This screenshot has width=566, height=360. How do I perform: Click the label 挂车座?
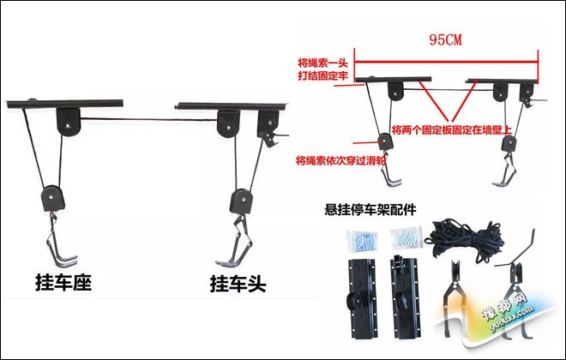pos(63,283)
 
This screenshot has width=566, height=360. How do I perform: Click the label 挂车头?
pos(238,284)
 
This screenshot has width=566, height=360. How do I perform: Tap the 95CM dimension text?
pos(445,39)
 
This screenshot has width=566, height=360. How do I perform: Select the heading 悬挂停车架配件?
pos(370,210)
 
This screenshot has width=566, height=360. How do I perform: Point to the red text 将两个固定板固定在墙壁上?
pos(452,130)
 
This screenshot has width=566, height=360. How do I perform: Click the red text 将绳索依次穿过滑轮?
pos(340,160)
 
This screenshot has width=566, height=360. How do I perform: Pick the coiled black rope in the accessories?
pos(464,238)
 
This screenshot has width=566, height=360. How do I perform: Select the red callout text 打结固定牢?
pos(322,75)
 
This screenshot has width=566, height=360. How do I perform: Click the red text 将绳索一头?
pos(322,63)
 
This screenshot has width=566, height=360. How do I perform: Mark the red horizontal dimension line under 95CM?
pos(446,62)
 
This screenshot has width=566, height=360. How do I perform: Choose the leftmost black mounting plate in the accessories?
pos(362,298)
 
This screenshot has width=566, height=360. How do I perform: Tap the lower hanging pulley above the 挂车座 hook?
pos(53,198)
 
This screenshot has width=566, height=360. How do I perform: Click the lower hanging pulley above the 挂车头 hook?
pos(241,201)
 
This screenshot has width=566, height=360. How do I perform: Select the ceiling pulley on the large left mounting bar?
pos(69,122)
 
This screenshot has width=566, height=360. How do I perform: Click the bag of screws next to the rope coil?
pos(406,237)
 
